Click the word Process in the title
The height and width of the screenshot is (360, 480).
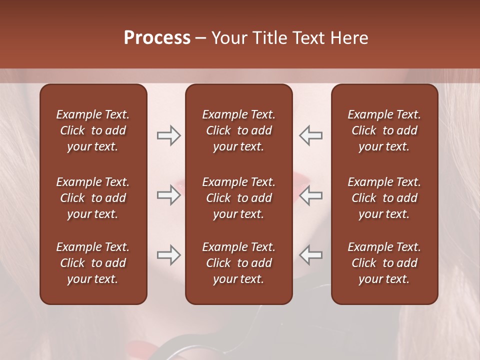[x=157, y=38]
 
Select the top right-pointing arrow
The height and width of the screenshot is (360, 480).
[x=168, y=135]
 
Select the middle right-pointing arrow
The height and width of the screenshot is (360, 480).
[x=168, y=195]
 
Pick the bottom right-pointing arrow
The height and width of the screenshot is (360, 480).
[x=168, y=255]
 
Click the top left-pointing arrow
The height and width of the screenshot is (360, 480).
[x=311, y=135]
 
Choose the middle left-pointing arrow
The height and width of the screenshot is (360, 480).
[x=311, y=195]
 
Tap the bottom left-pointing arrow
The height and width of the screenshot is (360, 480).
[x=311, y=255]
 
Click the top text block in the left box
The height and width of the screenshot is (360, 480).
[x=93, y=130]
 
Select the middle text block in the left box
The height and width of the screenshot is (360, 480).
[x=93, y=198]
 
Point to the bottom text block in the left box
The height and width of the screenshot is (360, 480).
[x=93, y=263]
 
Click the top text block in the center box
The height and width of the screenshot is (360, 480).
[x=239, y=130]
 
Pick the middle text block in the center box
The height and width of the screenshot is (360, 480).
[x=239, y=198]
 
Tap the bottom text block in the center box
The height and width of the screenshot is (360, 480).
[x=239, y=263]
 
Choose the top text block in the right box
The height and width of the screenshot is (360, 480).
[x=384, y=130]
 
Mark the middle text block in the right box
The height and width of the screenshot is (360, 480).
[x=384, y=198]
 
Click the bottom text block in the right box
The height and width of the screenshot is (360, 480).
[x=384, y=263]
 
